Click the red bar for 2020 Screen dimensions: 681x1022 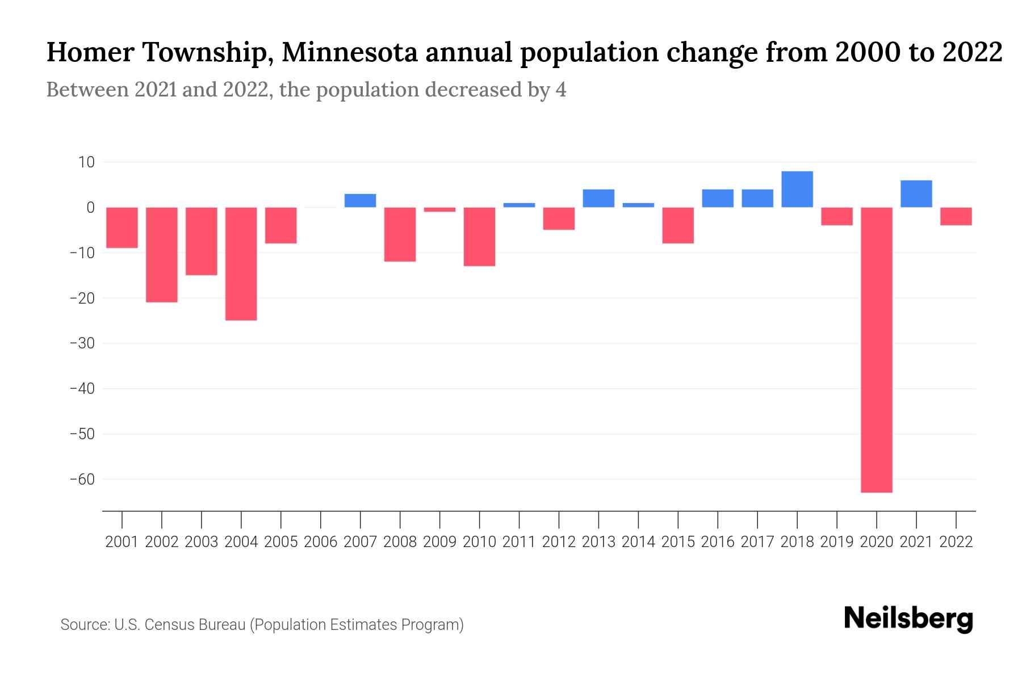(876, 350)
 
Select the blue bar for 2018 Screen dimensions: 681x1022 (797, 189)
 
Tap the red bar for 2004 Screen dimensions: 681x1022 (241, 264)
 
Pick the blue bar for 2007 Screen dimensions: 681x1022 (360, 200)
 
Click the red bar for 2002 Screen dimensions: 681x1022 (162, 255)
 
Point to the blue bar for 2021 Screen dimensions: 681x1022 (916, 194)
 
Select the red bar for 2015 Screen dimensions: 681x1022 (678, 225)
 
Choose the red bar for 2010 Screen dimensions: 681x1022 (479, 237)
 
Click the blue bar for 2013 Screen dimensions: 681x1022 (598, 198)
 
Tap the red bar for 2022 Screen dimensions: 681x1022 (956, 216)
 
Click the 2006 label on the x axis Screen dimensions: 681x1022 (321, 542)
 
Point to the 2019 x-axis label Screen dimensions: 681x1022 (836, 542)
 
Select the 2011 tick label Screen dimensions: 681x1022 (519, 542)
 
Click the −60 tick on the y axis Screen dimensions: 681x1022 (82, 480)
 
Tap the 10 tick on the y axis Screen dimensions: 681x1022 (86, 162)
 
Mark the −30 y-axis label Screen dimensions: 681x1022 (82, 343)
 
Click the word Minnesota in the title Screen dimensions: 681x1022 (350, 53)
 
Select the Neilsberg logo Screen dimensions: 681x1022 (908, 619)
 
